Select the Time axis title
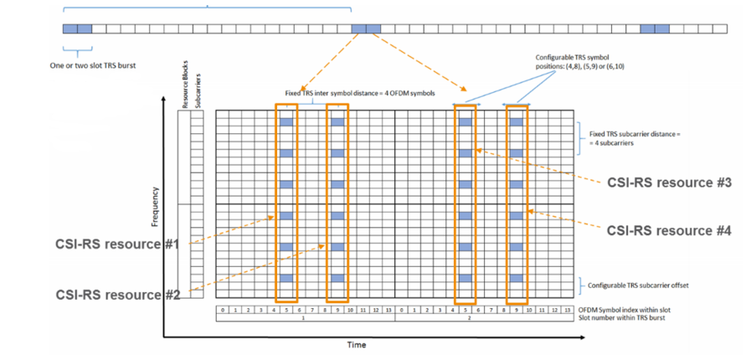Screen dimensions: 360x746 tap(357, 344)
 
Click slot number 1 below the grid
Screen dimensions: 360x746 tap(304, 318)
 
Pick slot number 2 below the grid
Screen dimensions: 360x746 tap(483, 318)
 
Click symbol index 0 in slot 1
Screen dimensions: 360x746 tap(222, 309)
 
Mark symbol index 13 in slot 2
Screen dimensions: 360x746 tap(567, 309)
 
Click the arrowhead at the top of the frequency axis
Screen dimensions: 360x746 tap(164, 100)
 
